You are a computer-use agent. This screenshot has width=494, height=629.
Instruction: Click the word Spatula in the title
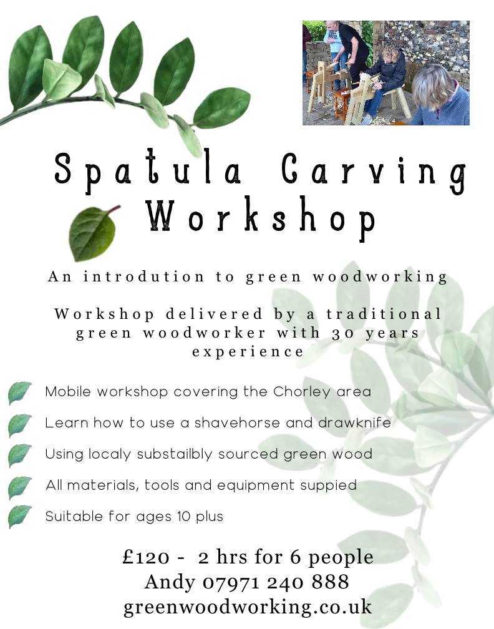click(x=147, y=170)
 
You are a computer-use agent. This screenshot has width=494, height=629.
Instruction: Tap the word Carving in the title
click(x=373, y=172)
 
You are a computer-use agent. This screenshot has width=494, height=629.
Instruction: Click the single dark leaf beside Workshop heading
click(x=93, y=232)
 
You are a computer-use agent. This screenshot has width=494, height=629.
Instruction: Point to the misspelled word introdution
click(x=144, y=276)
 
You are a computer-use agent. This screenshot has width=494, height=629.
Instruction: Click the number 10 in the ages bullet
click(x=183, y=516)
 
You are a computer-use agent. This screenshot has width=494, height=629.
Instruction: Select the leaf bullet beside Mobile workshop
click(x=19, y=393)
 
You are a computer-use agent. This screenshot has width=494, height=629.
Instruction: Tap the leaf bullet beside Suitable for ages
click(x=19, y=517)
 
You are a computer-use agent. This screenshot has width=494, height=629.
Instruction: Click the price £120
click(x=146, y=557)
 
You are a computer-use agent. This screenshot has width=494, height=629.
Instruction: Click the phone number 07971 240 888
click(x=276, y=582)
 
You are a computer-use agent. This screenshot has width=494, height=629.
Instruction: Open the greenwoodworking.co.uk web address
click(x=248, y=607)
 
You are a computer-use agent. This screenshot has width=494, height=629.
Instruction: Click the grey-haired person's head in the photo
click(x=433, y=86)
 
